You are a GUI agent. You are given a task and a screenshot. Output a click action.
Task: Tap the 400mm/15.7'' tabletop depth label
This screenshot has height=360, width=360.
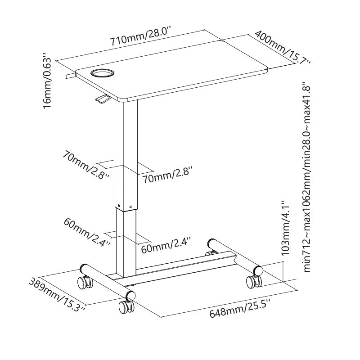point(281,48)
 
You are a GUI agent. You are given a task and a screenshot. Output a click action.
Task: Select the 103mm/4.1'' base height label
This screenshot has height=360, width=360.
point(285,228)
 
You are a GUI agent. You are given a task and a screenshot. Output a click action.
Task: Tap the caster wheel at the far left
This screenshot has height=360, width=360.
point(84,283)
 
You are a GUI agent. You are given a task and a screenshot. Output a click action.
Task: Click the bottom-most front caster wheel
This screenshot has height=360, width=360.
point(125,308)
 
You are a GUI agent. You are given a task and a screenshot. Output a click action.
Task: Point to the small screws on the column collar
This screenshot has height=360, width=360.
point(124,206)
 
